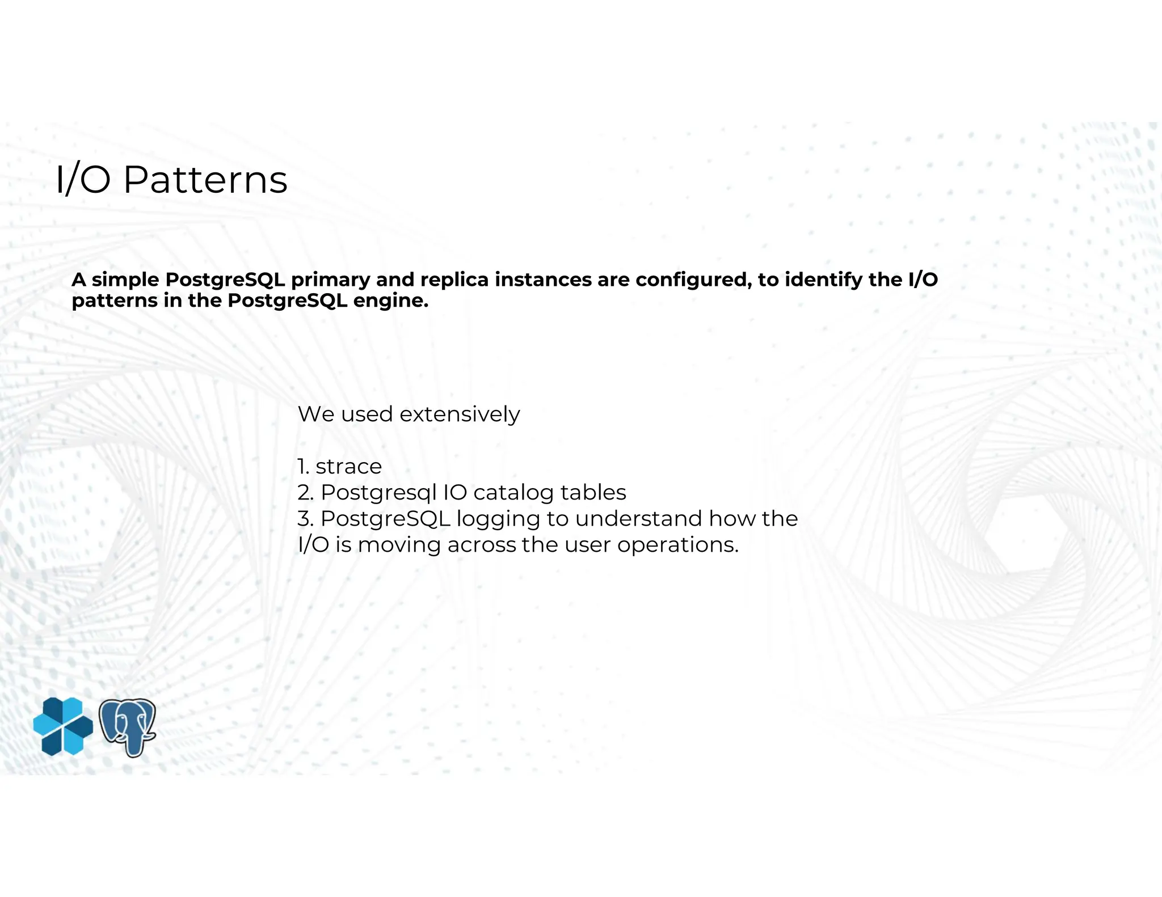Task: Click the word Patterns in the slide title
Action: pos(205,180)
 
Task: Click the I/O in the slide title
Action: pos(83,180)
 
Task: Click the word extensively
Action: pos(460,414)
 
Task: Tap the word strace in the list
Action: pos(348,467)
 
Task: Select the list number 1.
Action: pos(303,467)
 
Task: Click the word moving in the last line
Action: pos(399,545)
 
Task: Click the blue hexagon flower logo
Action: pos(63,726)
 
